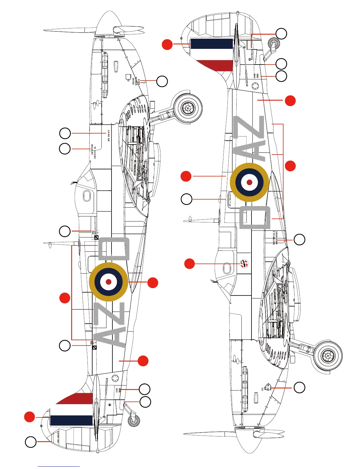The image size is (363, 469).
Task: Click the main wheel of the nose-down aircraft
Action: click(328, 356)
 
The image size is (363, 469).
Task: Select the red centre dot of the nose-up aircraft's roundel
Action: click(109, 282)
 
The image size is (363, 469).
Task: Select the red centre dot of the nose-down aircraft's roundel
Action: click(249, 182)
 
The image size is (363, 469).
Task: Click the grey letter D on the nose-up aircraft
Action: click(114, 248)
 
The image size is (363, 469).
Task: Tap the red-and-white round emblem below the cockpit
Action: click(244, 263)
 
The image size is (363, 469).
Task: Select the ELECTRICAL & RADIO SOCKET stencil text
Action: click(275, 238)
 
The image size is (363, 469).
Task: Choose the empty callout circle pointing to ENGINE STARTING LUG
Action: click(162, 81)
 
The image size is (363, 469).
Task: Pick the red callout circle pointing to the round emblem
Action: click(190, 264)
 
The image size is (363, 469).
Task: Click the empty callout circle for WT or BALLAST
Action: click(187, 199)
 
